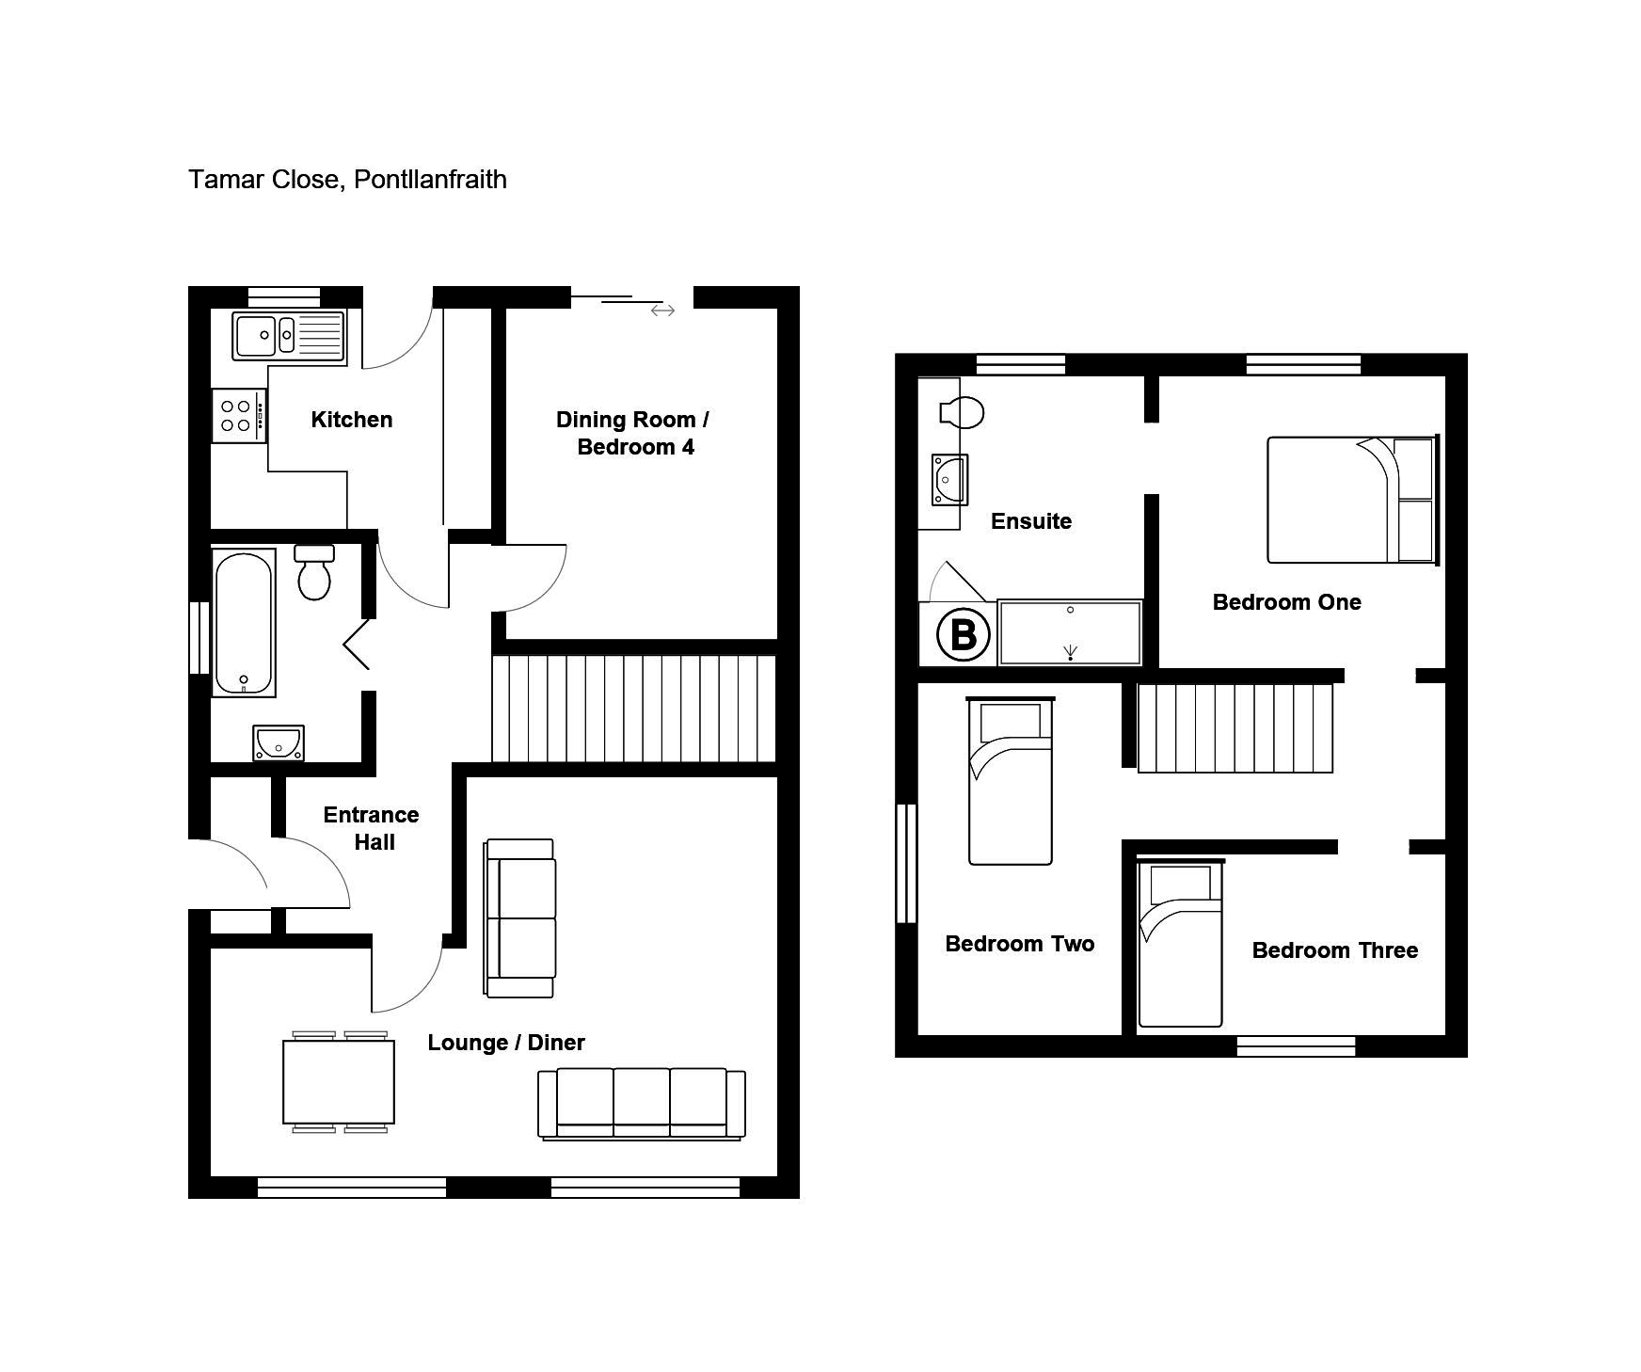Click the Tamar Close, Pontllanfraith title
click(x=347, y=180)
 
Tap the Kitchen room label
click(x=352, y=420)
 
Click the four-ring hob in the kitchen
click(x=239, y=416)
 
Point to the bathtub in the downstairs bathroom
click(x=244, y=622)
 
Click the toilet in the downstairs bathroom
click(x=315, y=572)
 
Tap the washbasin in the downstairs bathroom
click(x=279, y=743)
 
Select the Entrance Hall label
click(x=372, y=828)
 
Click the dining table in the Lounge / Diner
click(x=339, y=1082)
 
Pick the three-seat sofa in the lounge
click(x=642, y=1104)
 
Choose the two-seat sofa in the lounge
click(x=519, y=917)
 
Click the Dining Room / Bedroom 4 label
click(x=632, y=433)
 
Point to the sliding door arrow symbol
click(x=662, y=310)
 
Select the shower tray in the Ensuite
click(x=1070, y=632)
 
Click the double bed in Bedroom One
click(x=1353, y=500)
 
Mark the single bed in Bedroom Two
click(x=1011, y=780)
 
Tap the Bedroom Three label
click(x=1335, y=950)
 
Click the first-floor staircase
click(x=1235, y=727)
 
